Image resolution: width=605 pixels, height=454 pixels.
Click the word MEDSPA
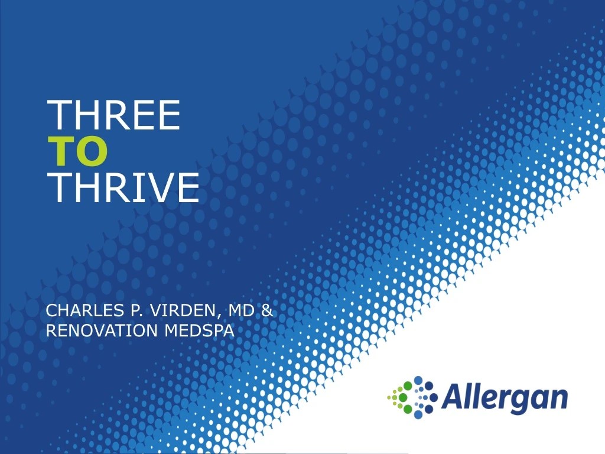coord(199,331)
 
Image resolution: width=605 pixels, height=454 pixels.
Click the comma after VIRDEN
coord(223,315)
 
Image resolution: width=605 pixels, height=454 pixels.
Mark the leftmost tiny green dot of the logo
coord(388,397)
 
